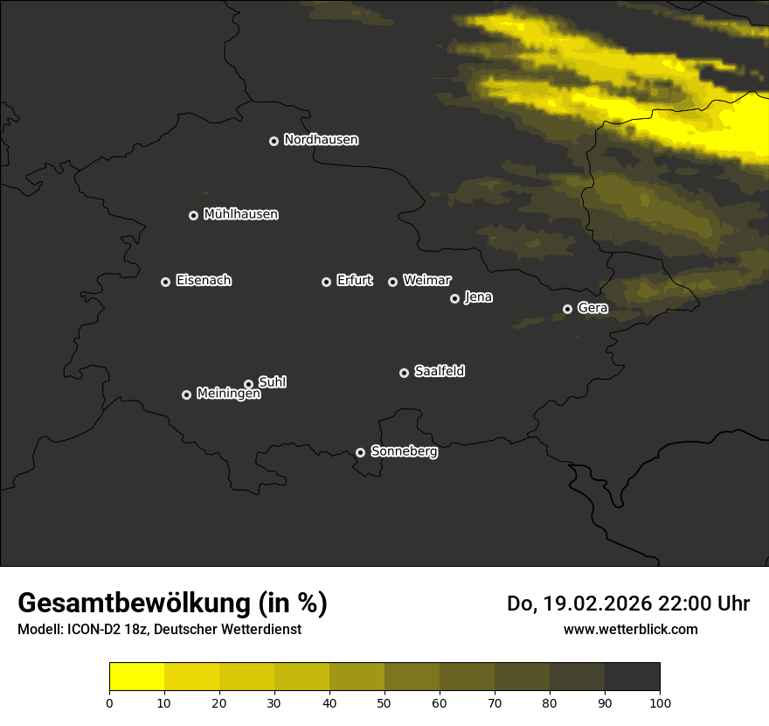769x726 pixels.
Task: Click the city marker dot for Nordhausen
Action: point(274,141)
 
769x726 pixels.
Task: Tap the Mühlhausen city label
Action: point(240,214)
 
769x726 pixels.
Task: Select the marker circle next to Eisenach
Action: point(165,282)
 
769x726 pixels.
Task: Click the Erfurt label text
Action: point(354,281)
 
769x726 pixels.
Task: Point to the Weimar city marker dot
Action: point(392,282)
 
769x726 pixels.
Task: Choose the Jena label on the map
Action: point(478,297)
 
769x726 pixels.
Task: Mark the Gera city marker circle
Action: point(567,309)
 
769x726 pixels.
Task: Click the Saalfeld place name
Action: point(439,372)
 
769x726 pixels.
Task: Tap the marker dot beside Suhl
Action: point(248,384)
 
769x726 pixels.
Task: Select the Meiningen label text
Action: point(228,394)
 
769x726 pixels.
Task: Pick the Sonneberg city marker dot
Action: point(360,452)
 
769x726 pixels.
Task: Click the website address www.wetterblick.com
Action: point(630,629)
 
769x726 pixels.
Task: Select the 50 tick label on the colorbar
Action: point(384,702)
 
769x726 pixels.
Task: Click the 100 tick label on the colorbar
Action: point(660,702)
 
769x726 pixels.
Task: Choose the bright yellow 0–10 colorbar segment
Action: point(137,676)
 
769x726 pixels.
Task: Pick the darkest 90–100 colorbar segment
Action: point(632,676)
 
